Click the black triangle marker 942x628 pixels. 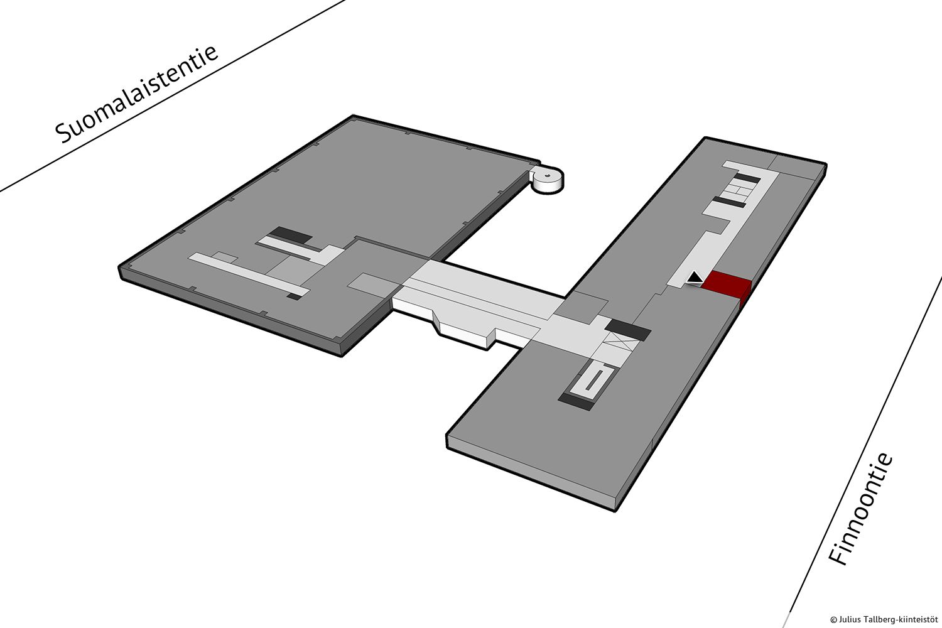click(695, 278)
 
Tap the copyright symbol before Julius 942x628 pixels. click(833, 620)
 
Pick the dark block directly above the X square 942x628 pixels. click(628, 330)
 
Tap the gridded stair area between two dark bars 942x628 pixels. click(737, 191)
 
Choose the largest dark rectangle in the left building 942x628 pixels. click(291, 235)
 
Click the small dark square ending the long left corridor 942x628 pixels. click(295, 296)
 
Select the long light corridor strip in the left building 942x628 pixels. click(249, 274)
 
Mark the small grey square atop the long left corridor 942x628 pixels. click(225, 257)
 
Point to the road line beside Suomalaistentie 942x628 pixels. click(173, 96)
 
